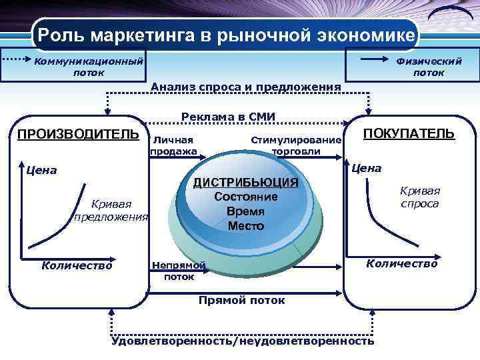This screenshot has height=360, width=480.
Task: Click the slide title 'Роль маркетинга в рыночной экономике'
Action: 225,34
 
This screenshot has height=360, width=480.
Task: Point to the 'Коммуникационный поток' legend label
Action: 89,67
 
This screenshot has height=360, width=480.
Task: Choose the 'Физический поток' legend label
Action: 429,67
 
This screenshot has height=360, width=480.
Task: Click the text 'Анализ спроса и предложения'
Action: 246,87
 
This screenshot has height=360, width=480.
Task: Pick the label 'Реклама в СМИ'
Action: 228,117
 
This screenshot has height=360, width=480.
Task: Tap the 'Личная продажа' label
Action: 173,145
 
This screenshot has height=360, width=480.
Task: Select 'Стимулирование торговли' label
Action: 295,145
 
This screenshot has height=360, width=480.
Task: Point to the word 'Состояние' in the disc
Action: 245,197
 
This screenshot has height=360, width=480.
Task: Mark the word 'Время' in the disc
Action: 245,211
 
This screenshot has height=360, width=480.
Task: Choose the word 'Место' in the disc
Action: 245,226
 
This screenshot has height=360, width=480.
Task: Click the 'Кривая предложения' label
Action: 111,210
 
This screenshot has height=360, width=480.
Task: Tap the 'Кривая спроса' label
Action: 419,197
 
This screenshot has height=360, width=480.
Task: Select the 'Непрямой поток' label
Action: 178,271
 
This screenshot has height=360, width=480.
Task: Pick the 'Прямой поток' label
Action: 241,300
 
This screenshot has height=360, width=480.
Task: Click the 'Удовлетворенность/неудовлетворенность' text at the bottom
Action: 243,341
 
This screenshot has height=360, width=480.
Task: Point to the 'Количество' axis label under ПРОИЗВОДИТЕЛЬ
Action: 77,265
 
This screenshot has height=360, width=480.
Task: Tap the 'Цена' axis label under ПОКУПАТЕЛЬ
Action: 366,168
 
